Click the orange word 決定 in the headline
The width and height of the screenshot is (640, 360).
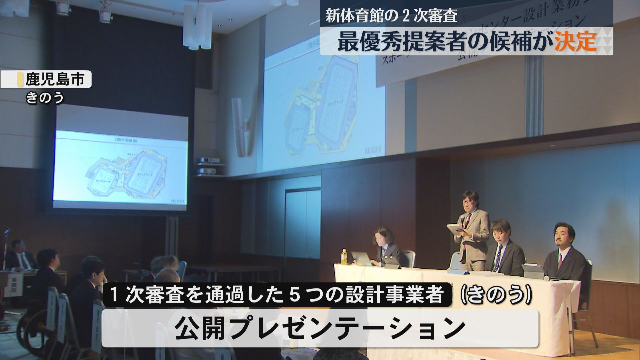575,42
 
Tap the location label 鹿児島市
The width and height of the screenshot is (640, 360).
55,80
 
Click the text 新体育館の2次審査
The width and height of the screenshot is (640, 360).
391,16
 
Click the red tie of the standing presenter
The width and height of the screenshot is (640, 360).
469,220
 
